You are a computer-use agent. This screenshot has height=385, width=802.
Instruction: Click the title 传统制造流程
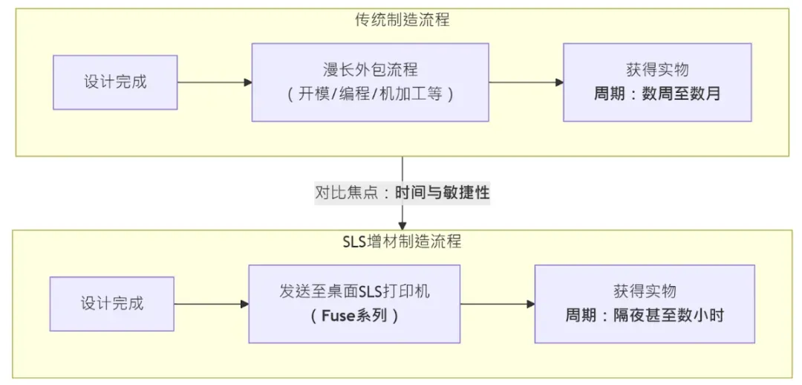(x=402, y=20)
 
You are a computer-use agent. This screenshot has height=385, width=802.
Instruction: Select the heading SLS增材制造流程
(x=402, y=242)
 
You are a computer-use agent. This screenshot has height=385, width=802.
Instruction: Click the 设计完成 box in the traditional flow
(x=115, y=82)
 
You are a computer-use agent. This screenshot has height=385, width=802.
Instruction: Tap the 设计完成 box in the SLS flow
(x=111, y=303)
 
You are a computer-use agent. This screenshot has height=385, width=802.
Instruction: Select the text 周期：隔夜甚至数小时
(x=644, y=315)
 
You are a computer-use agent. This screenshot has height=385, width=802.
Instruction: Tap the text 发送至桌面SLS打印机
(x=354, y=291)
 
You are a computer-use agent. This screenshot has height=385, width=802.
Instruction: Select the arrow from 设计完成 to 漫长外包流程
(x=215, y=82)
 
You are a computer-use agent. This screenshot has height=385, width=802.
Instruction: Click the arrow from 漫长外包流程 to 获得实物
(x=526, y=82)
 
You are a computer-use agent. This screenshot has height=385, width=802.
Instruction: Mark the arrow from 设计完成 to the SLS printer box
(x=211, y=303)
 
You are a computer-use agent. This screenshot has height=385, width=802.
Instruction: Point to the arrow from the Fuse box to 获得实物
(x=498, y=303)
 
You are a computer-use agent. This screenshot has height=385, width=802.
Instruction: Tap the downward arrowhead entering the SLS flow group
(x=402, y=225)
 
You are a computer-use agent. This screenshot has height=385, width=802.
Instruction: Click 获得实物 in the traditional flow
(x=657, y=70)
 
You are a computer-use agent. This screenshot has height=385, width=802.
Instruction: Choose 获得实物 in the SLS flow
(x=644, y=291)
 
